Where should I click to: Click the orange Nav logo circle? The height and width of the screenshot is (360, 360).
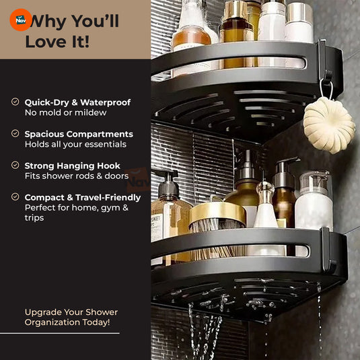coord(20,20)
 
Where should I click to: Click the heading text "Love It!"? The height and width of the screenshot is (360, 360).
coord(57,41)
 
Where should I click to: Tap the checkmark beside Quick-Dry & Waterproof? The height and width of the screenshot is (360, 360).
coord(15,102)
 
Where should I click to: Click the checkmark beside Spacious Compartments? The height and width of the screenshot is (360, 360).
coord(15,134)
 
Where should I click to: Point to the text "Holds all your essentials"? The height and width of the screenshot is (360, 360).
coord(75,145)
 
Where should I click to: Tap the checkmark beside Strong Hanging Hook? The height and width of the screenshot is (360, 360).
coord(15,165)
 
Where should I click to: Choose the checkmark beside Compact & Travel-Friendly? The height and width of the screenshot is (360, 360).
coord(15,197)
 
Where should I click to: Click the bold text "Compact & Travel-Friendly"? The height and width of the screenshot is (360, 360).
coord(83,197)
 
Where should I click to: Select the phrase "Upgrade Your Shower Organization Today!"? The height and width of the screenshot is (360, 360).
coord(71,317)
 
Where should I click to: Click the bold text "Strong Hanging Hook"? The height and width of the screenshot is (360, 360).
coord(73,166)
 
